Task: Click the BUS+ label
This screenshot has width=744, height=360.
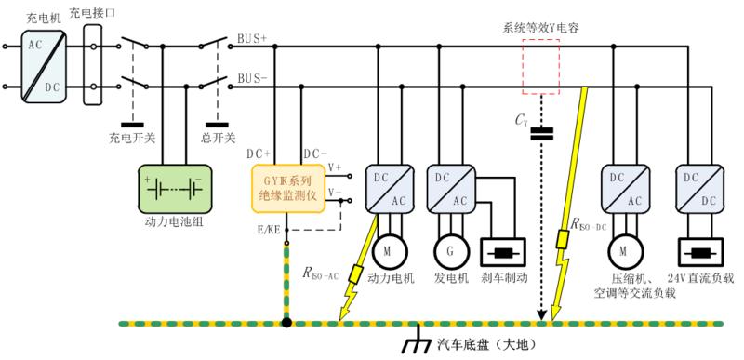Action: pyautogui.click(x=252, y=40)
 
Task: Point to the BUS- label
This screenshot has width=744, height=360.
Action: pyautogui.click(x=252, y=80)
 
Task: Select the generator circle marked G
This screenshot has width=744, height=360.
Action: pyautogui.click(x=449, y=251)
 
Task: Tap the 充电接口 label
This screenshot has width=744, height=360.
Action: pyautogui.click(x=92, y=11)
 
